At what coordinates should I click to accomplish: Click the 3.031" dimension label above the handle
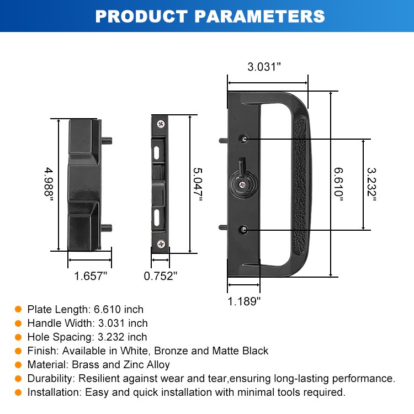tap(264, 67)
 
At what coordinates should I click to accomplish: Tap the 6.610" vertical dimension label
tap(338, 184)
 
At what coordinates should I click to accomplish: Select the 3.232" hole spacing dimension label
tap(371, 184)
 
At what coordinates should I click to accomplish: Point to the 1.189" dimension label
tap(244, 301)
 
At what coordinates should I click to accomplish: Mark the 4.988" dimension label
tap(49, 184)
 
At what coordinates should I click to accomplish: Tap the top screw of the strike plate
tap(161, 124)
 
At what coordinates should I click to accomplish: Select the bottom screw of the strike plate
tap(161, 243)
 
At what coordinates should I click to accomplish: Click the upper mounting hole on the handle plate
tap(243, 138)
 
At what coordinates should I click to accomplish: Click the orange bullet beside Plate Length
tap(18, 309)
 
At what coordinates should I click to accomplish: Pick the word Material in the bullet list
tap(46, 364)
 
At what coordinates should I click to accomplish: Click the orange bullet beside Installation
tap(18, 392)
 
